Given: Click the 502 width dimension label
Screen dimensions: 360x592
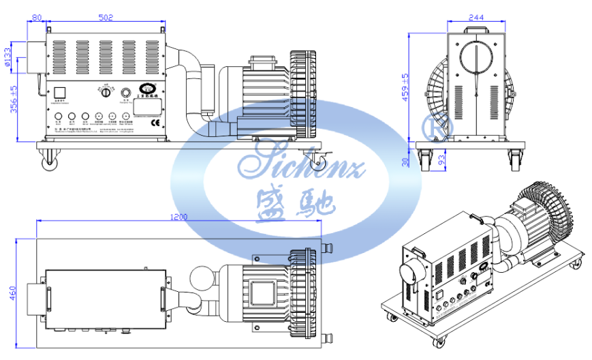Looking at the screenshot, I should (x=106, y=18).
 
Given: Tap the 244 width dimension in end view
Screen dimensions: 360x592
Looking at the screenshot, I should (x=476, y=18).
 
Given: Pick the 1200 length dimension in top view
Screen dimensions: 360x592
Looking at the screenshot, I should (x=178, y=216).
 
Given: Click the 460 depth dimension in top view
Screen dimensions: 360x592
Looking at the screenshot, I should (x=12, y=292).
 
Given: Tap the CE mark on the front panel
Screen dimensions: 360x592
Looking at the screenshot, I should (x=154, y=123).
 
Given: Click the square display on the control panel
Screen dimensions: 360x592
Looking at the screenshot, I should (x=59, y=93).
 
